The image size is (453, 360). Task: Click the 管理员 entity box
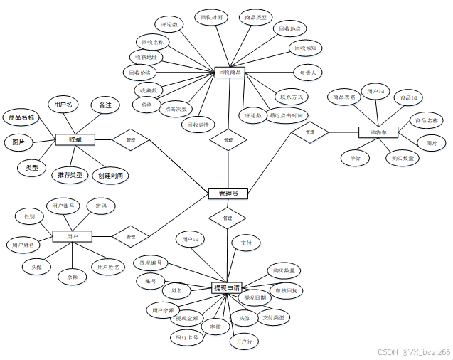point(228,194)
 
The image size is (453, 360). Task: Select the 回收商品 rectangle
point(230,72)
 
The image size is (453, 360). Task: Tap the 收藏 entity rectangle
point(75,140)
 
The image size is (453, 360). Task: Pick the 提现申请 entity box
point(228,288)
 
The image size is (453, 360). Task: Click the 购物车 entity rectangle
point(368,132)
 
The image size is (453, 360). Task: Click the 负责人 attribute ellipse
point(308,73)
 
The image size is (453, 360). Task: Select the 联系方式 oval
point(292,97)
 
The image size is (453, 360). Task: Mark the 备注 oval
point(105,105)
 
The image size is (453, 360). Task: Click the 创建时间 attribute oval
point(111,175)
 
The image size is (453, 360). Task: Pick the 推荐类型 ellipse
point(70,175)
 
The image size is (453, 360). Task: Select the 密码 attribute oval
point(101,206)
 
